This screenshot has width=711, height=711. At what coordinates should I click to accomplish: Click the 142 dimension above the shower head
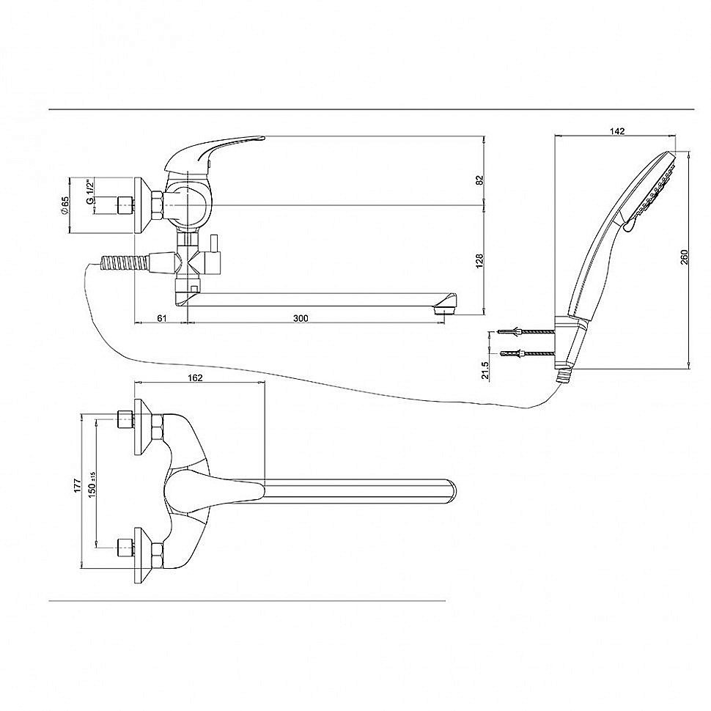point(617,131)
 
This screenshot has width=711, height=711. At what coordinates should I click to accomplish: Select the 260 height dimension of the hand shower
point(685,257)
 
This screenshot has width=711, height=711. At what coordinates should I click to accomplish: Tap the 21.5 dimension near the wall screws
point(486,369)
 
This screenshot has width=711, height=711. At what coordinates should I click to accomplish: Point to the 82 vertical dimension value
point(480,180)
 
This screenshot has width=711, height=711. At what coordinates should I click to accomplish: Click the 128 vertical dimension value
point(480,261)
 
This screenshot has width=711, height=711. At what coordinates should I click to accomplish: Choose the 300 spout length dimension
point(301,318)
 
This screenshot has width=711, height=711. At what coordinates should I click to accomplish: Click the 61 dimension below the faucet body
point(162,318)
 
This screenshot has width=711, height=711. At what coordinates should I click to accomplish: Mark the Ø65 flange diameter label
point(65,206)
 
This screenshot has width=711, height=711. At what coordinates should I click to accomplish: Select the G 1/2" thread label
point(90,192)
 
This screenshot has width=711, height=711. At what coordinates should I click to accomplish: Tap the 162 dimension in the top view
point(195,377)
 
